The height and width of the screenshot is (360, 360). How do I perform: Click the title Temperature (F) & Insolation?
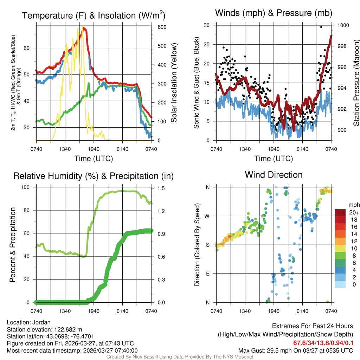coord(94,15)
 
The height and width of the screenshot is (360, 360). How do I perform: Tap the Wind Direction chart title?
coord(274,174)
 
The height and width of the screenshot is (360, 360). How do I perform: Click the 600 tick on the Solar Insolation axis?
coord(157,27)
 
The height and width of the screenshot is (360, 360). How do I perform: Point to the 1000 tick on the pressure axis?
coord(343,25)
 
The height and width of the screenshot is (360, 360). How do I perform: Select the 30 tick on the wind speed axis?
coord(206,25)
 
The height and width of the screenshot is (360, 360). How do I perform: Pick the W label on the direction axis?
coord(208,216)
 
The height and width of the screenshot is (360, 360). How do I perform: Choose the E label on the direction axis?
coord(208,274)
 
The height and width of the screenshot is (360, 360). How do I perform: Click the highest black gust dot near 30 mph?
coord(321,27)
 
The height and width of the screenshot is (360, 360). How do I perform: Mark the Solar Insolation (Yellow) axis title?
coord(174,83)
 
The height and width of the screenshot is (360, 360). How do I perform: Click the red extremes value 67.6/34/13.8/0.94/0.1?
coord(323,343)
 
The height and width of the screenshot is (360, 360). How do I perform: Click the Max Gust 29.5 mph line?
coord(295,350)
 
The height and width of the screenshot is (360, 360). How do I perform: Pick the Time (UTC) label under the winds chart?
coord(274,159)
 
